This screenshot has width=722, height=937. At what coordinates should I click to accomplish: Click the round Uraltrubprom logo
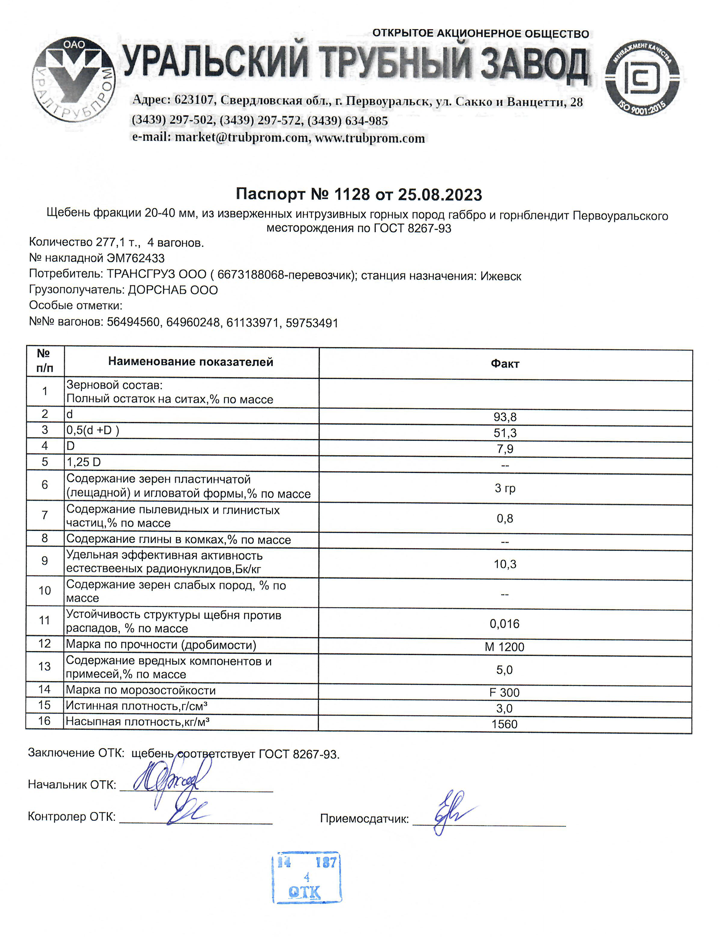(73, 79)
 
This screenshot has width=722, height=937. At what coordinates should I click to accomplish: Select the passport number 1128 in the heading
(352, 194)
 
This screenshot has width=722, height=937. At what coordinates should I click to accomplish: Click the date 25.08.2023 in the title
(440, 195)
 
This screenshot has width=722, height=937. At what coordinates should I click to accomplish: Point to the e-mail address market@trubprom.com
(241, 138)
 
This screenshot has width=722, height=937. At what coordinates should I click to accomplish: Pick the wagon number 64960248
(193, 322)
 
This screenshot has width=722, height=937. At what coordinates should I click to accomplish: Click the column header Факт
(505, 364)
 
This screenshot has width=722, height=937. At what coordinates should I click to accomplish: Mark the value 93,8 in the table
(505, 417)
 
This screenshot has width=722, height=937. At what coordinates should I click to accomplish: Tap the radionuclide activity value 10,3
(505, 564)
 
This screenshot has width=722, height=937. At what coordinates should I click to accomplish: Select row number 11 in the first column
(45, 620)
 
